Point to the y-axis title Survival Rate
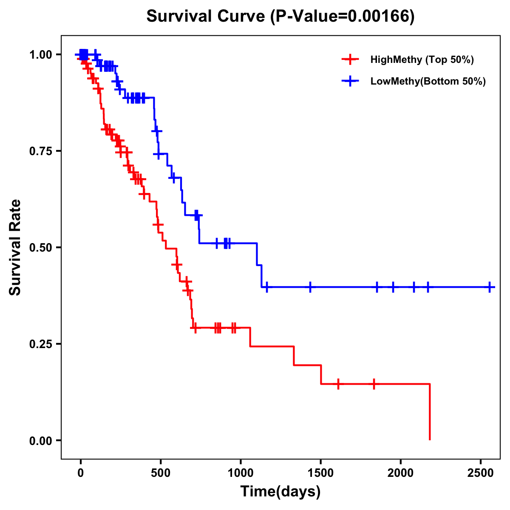click(x=15, y=247)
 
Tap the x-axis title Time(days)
click(x=280, y=492)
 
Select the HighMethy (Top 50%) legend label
click(x=422, y=59)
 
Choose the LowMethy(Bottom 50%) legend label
click(x=428, y=82)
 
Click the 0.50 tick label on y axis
click(x=40, y=247)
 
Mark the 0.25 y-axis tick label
click(x=40, y=344)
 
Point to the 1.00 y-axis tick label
click(x=40, y=54)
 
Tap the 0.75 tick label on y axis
click(x=40, y=151)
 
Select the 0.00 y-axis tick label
click(x=40, y=440)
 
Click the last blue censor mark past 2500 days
click(x=490, y=287)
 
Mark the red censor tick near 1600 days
click(x=338, y=384)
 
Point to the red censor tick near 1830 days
click(x=374, y=384)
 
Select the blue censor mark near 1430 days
click(x=310, y=287)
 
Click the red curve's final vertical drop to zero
click(x=430, y=412)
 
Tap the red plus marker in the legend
click(x=349, y=59)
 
